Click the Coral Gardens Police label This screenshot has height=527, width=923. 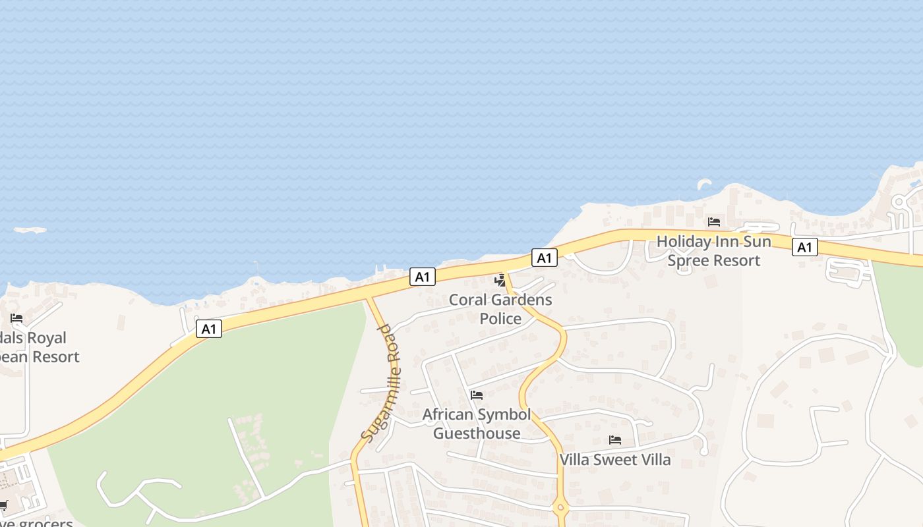pyautogui.click(x=500, y=310)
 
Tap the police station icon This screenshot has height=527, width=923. pyautogui.click(x=500, y=280)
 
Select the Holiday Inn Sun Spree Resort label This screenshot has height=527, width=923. pyautogui.click(x=714, y=251)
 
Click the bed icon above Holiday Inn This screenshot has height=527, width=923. pyautogui.click(x=713, y=222)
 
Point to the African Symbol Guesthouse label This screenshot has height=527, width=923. pyautogui.click(x=477, y=424)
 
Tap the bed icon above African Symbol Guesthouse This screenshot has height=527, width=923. pyautogui.click(x=477, y=395)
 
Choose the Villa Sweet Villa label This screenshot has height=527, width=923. pyautogui.click(x=615, y=460)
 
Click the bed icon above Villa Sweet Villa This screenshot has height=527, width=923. pyautogui.click(x=615, y=439)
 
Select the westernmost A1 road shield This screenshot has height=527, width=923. pyautogui.click(x=208, y=329)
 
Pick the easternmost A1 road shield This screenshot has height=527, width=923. pyautogui.click(x=804, y=247)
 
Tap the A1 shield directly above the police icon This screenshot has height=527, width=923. pyautogui.click(x=544, y=258)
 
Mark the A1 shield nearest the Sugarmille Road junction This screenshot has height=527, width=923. pyautogui.click(x=422, y=277)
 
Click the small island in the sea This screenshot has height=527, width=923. pyautogui.click(x=30, y=231)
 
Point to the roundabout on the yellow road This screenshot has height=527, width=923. pyautogui.click(x=560, y=507)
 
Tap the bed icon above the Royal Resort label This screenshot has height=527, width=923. pyautogui.click(x=16, y=318)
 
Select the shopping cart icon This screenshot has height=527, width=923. pyautogui.click(x=3, y=505)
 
